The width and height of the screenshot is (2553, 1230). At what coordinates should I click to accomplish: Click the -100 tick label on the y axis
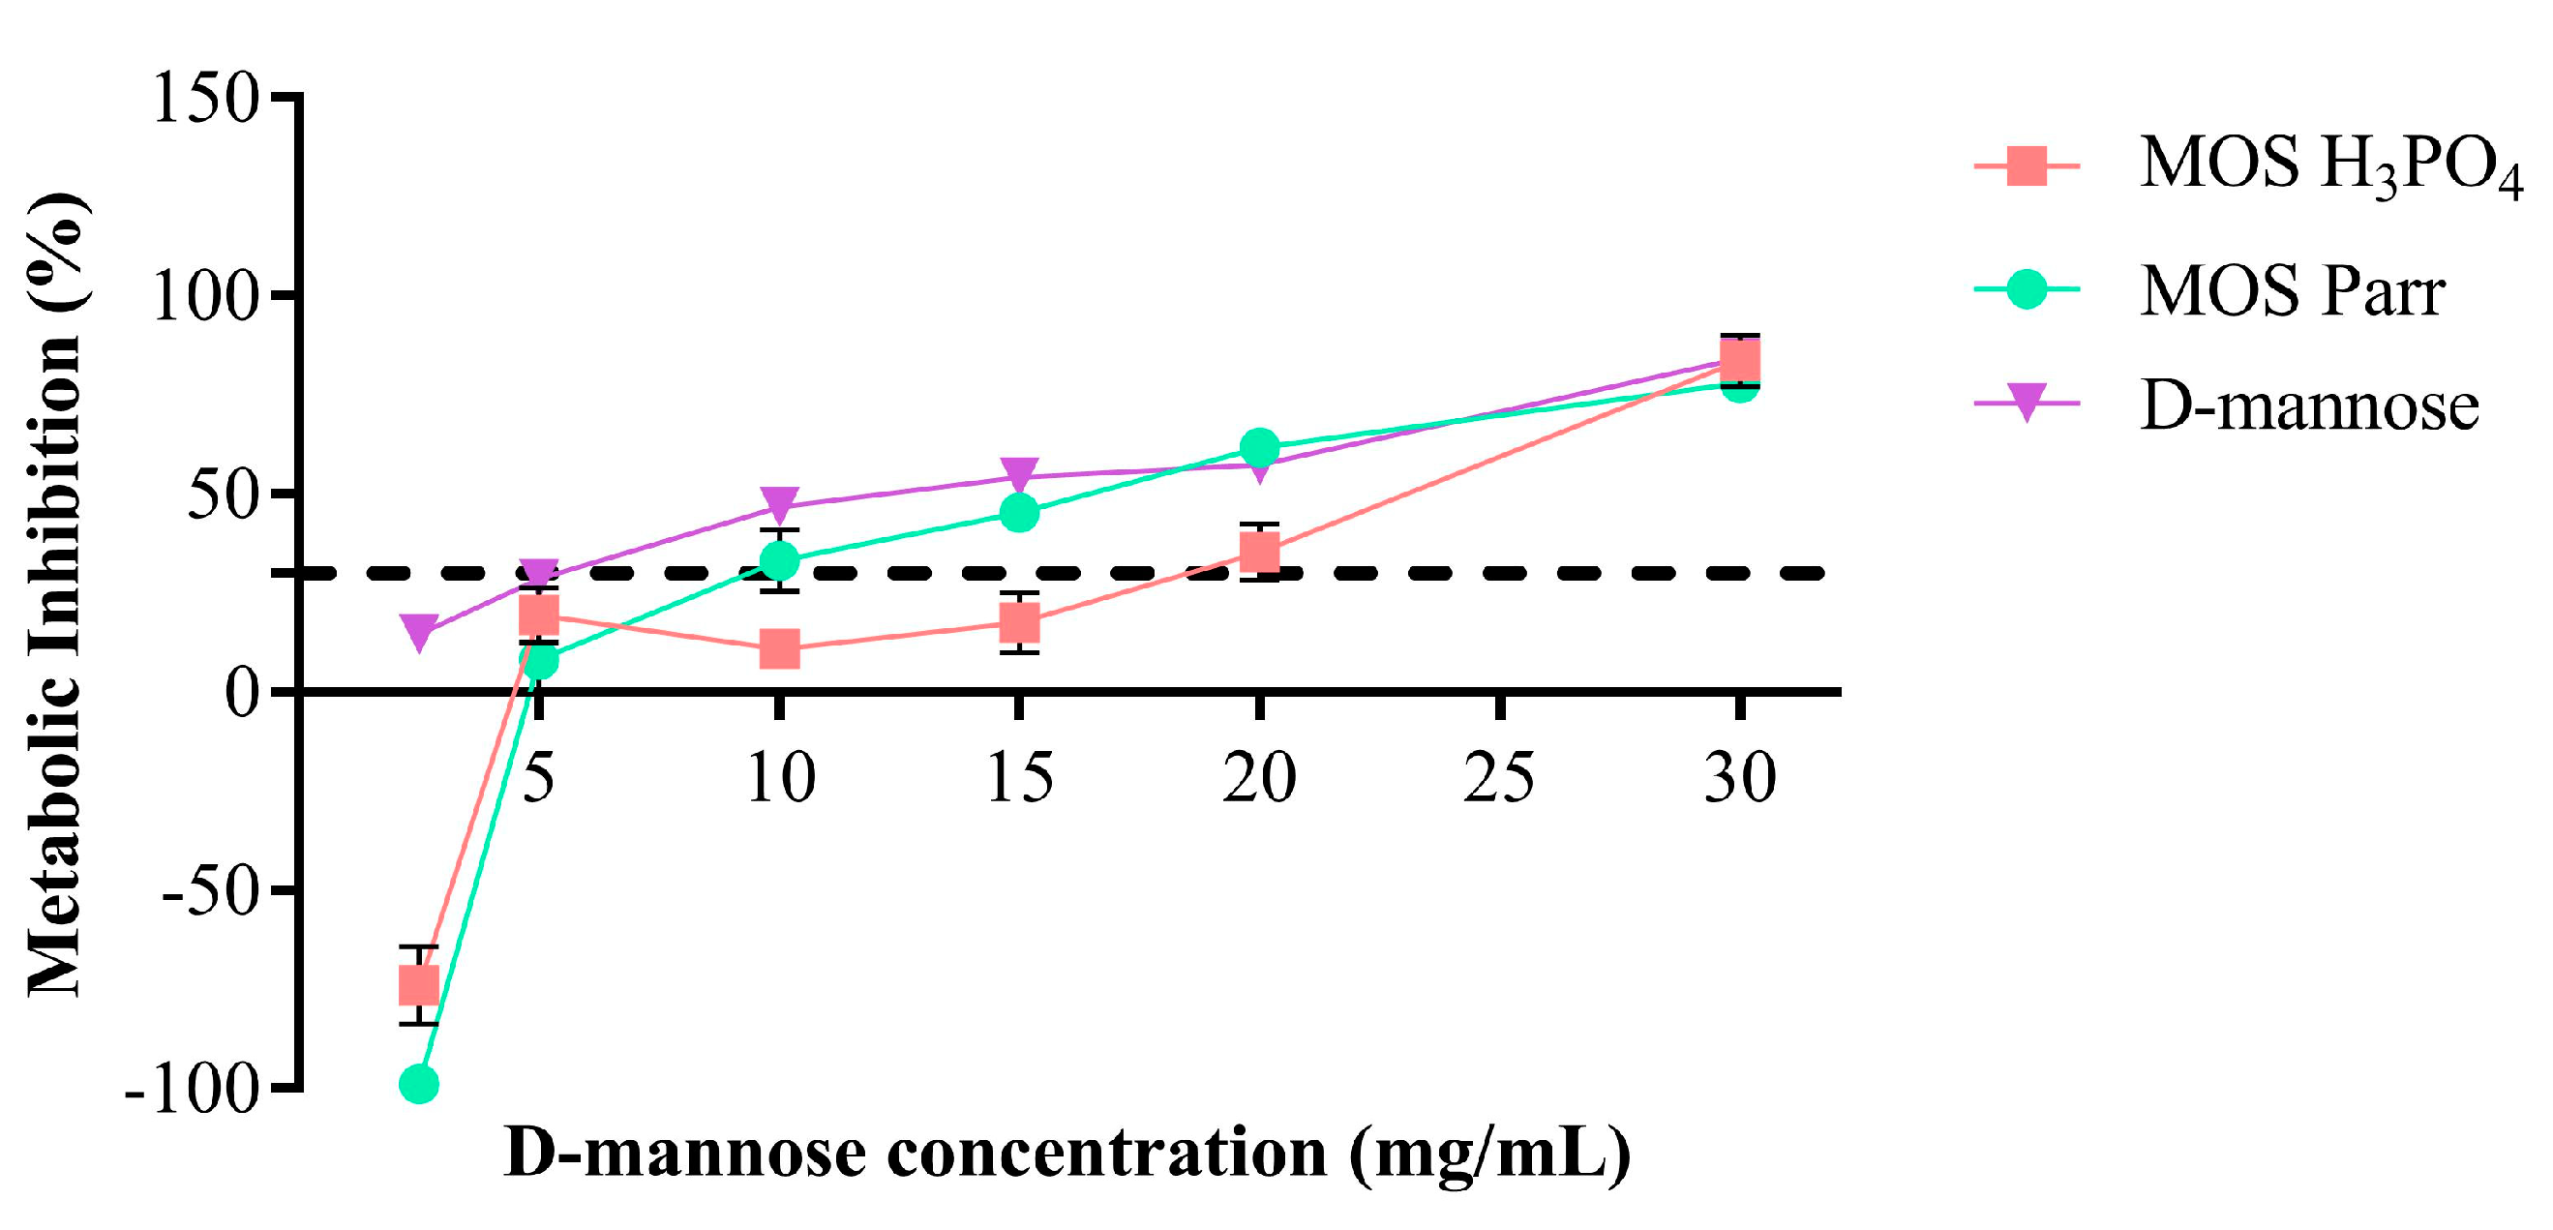193,1092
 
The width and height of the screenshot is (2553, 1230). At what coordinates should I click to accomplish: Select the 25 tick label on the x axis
1498,778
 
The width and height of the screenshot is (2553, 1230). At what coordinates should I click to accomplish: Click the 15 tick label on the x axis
1019,778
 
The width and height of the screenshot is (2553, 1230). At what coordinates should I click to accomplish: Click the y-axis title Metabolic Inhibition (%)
54,595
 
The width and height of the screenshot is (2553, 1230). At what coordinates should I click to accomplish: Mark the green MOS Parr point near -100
418,1084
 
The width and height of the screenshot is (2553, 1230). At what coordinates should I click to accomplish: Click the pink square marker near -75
418,986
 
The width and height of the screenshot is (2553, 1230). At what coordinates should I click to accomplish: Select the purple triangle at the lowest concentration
418,632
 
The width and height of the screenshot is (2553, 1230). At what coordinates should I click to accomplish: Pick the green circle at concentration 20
1259,448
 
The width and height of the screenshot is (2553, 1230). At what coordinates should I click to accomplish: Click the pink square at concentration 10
780,650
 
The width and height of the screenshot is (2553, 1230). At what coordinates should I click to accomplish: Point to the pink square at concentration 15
1019,623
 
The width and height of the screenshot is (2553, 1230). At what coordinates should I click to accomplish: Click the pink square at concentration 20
1259,551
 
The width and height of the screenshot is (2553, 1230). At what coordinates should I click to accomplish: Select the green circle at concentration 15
1019,512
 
